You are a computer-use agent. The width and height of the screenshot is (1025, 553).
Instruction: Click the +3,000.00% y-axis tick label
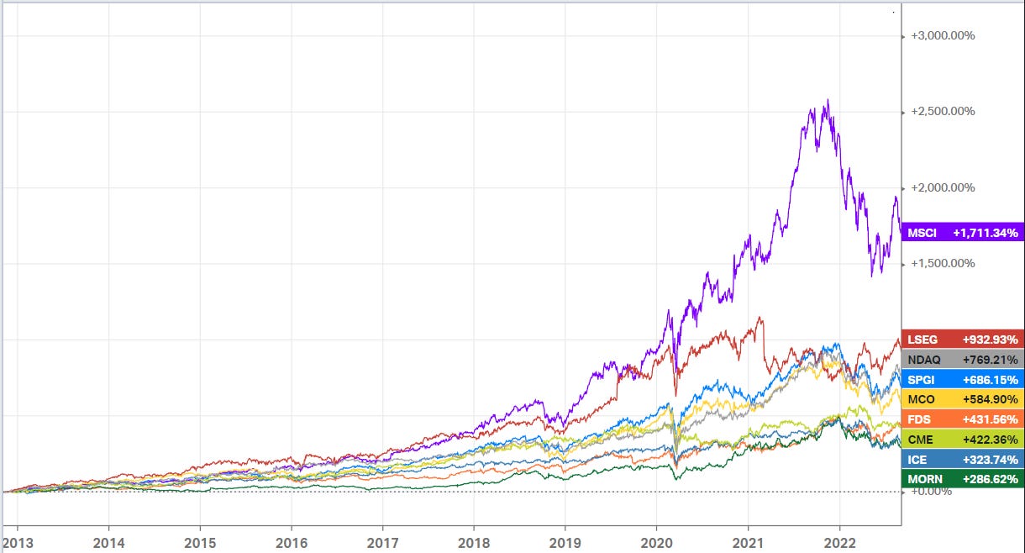(x=943, y=36)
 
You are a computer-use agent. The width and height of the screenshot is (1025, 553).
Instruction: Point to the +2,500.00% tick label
(x=943, y=112)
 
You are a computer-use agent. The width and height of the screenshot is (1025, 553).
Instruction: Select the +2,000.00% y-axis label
(x=943, y=187)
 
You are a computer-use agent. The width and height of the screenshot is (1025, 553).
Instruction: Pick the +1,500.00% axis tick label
(x=943, y=263)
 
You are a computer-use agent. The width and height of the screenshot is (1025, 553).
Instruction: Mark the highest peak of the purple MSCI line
(x=828, y=100)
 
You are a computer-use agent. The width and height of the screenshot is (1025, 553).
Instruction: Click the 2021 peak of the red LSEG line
(x=760, y=318)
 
